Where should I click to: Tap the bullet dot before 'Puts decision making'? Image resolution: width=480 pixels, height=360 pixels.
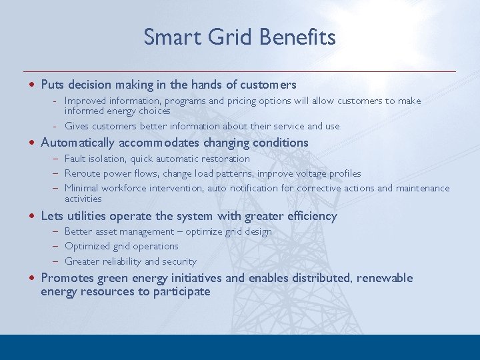tap(32, 85)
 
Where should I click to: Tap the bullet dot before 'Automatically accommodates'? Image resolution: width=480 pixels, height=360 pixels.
tap(32, 143)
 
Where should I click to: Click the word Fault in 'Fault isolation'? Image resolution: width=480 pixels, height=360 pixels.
tap(75, 159)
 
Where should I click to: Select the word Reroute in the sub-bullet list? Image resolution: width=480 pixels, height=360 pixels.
tap(83, 173)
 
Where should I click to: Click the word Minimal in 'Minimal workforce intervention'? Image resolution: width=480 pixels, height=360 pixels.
tap(81, 188)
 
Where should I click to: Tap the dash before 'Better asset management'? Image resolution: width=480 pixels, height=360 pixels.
tap(57, 231)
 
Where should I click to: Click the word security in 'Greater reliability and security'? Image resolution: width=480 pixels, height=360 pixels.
tap(179, 261)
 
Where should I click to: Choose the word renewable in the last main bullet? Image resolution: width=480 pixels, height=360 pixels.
tap(385, 278)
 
